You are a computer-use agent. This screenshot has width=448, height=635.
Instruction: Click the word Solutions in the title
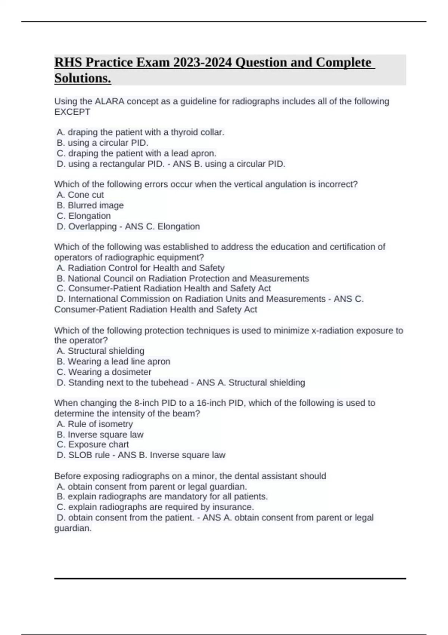(x=83, y=78)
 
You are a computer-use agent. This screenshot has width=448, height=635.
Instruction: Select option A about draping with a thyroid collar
(x=140, y=132)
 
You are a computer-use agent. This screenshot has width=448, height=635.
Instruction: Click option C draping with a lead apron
(x=137, y=153)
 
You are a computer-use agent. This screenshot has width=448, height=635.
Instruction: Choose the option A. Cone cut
(x=80, y=195)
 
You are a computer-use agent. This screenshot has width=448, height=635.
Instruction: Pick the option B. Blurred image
(x=90, y=205)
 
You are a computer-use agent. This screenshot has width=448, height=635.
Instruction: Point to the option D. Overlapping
(x=87, y=226)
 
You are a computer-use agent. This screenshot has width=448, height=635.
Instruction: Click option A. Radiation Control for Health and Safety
(x=140, y=268)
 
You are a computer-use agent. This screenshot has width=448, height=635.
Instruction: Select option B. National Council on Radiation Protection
(x=183, y=278)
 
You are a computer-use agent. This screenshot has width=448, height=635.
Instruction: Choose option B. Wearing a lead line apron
(x=113, y=361)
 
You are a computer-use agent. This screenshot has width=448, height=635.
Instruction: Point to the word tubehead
(x=169, y=382)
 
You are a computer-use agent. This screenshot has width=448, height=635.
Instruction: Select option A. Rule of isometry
(x=95, y=424)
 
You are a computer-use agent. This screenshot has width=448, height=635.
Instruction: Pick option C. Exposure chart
(x=93, y=444)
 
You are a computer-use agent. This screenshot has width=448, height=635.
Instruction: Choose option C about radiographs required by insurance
(x=155, y=507)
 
